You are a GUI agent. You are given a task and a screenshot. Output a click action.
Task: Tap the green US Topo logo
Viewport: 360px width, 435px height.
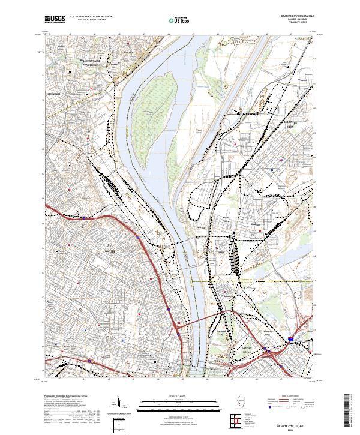[x=179, y=20]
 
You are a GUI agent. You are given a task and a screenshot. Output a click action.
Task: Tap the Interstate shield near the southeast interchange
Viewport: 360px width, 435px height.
[x=291, y=340]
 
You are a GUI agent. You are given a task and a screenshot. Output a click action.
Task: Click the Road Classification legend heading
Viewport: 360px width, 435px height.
[x=290, y=397]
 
